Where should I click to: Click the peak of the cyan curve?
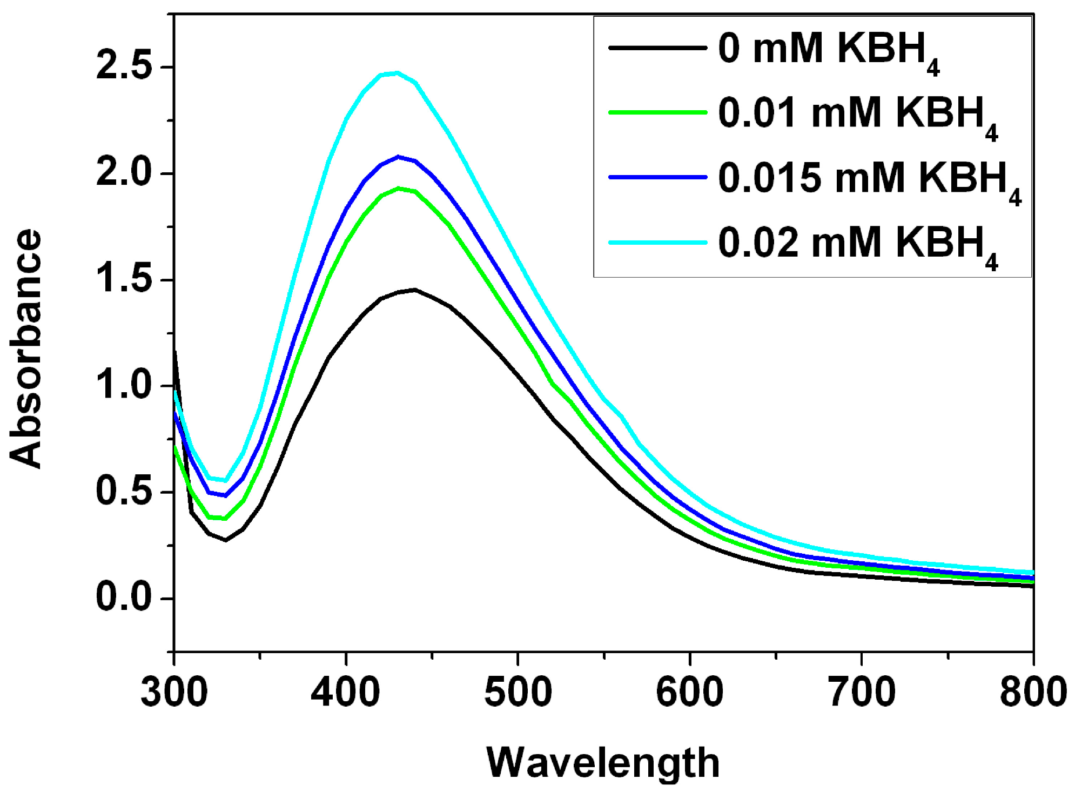[x=398, y=73]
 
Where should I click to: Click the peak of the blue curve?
[x=398, y=157]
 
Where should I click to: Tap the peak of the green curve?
[x=398, y=188]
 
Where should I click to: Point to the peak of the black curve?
[x=415, y=290]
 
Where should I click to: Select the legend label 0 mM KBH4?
[x=829, y=50]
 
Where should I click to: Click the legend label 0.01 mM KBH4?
[x=858, y=115]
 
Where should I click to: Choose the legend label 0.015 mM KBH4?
[x=869, y=180]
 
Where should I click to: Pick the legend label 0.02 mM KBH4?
[x=858, y=245]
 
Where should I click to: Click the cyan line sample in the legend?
[x=657, y=243]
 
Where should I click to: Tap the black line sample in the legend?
[x=657, y=48]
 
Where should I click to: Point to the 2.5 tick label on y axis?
[x=124, y=67]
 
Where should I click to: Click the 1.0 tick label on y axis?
[x=124, y=386]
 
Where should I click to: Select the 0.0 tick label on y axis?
[x=124, y=598]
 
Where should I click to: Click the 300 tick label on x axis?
[x=174, y=693]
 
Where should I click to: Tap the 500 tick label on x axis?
[x=518, y=693]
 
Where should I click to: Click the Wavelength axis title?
[x=603, y=763]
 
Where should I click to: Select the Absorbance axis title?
[x=25, y=348]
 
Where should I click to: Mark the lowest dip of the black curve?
[x=225, y=540]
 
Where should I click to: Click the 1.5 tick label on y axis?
[x=124, y=280]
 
